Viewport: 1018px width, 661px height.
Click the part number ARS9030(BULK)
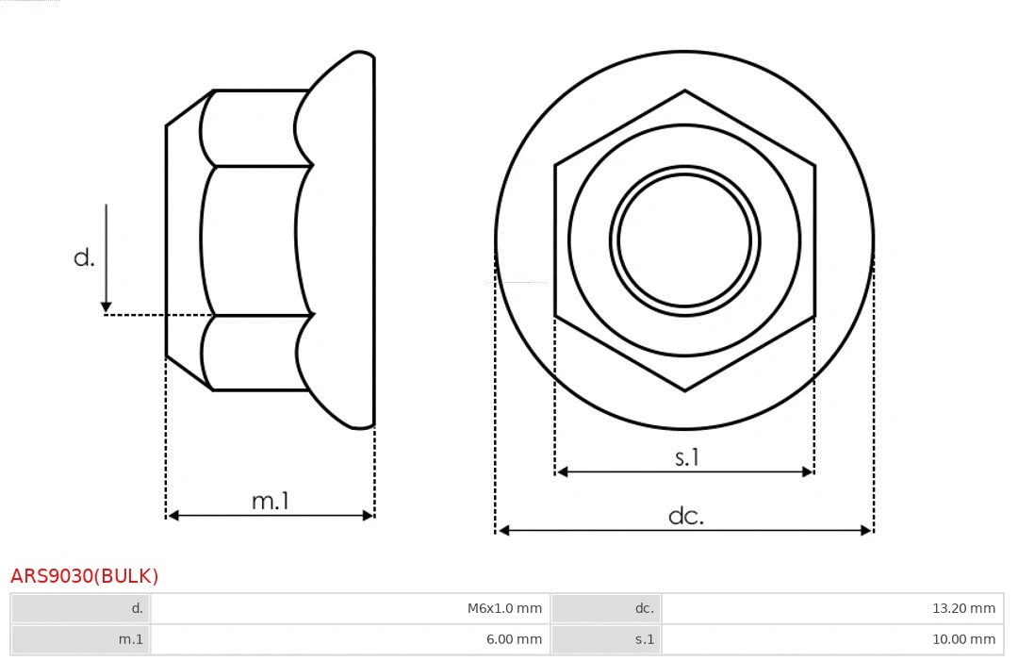point(85,576)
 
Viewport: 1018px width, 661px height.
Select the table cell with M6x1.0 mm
point(350,608)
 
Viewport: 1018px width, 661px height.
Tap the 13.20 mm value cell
point(832,608)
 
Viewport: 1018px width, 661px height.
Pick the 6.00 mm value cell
point(350,639)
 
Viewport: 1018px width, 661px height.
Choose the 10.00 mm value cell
point(832,639)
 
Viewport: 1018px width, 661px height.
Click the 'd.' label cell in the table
point(81,608)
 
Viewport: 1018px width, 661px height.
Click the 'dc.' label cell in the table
point(606,608)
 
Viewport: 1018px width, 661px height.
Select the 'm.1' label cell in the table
point(81,639)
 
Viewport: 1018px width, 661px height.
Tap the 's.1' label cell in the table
point(606,639)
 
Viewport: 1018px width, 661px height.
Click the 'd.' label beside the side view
point(85,257)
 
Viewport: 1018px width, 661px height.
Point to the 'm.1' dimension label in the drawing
point(271,501)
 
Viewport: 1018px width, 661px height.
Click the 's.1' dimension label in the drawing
point(687,457)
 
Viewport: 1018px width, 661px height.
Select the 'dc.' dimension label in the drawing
point(686,516)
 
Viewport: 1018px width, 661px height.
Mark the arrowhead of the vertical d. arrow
point(107,307)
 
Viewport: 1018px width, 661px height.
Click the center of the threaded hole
point(684,240)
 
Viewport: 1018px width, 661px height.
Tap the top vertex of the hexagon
point(684,91)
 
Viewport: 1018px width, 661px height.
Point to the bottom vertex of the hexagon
point(684,390)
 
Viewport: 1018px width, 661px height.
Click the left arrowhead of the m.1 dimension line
point(172,515)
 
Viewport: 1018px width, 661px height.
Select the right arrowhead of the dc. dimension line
point(867,531)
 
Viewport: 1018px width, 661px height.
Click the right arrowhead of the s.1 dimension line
point(808,471)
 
